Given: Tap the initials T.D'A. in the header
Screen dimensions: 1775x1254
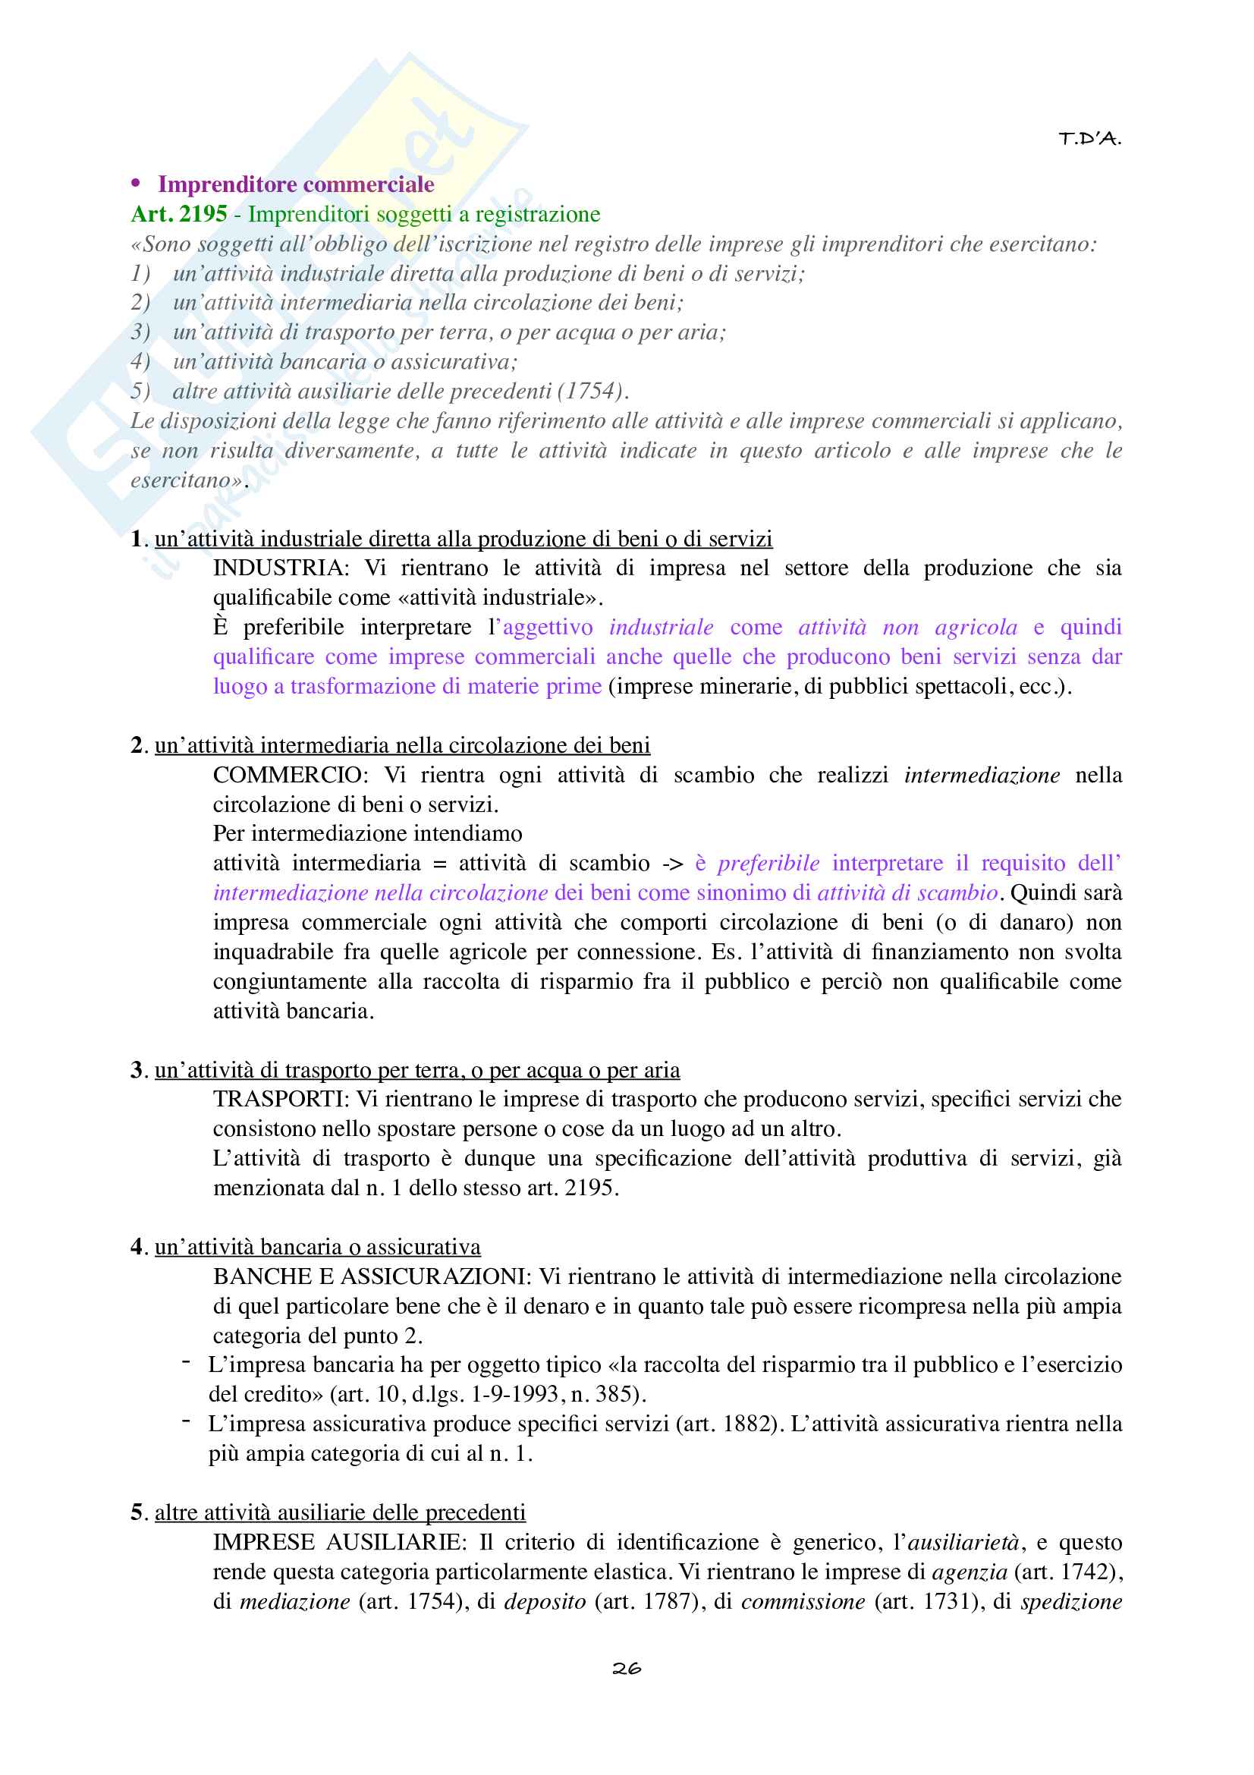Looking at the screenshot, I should pos(1089,139).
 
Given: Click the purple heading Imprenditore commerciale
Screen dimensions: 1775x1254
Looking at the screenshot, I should pos(296,184).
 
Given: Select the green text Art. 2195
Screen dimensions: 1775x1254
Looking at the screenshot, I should pos(179,214).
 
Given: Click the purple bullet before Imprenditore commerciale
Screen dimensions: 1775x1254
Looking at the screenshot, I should pos(136,183).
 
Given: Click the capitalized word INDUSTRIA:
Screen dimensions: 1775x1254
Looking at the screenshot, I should pos(281,568).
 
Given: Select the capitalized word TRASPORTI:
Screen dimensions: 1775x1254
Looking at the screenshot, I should pos(281,1099).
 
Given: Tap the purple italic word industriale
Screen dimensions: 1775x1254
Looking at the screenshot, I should pos(662,627).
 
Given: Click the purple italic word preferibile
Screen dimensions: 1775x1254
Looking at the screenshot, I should pos(768,864).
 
